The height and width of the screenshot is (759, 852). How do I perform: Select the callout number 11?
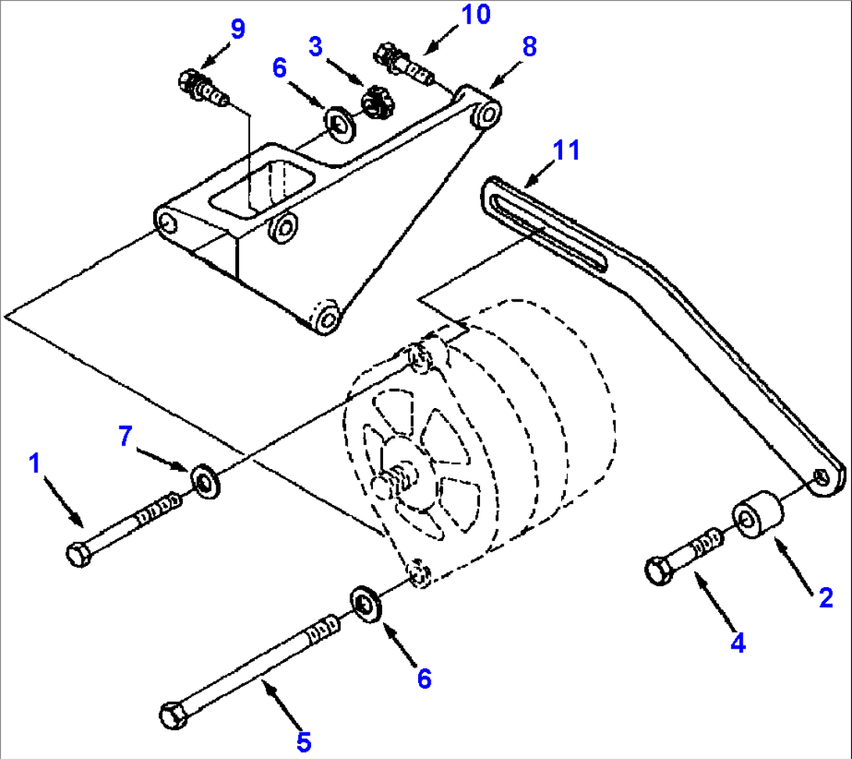point(567,150)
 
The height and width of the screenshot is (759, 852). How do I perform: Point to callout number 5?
point(304,739)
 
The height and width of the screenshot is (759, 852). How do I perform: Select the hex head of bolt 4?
point(659,571)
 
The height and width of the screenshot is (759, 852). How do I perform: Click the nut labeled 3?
point(379,102)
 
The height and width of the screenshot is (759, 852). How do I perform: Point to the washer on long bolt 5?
point(365,603)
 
